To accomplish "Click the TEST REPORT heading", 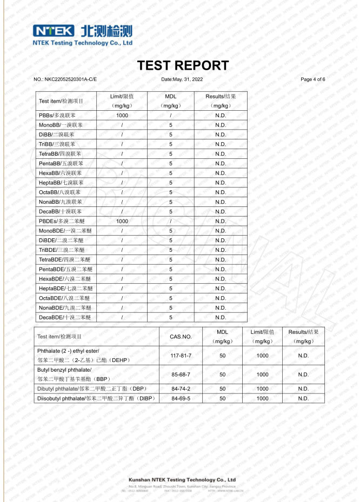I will (183, 65).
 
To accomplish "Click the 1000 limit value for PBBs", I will (122, 116).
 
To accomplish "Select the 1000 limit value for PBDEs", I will (122, 221).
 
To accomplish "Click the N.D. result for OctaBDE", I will (221, 298).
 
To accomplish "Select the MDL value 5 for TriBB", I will (171, 144).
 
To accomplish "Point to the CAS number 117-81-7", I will (181, 356).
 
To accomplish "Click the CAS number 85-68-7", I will (181, 374).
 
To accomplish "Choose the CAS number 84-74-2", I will (181, 389).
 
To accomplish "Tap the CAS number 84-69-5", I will (181, 398).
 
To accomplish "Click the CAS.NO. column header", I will (181, 337).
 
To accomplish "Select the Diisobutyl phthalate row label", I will (96, 398).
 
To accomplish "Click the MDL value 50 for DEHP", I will (222, 356).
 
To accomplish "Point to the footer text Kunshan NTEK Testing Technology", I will (182, 479).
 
